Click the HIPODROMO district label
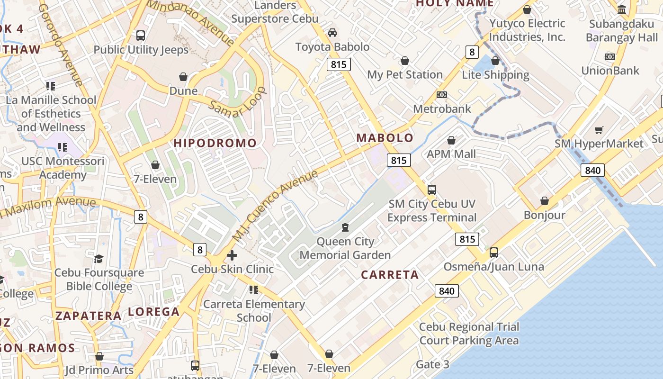point(215,143)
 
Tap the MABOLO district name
point(385,138)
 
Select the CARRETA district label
point(390,275)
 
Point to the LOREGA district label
point(154,312)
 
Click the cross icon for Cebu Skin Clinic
point(232,256)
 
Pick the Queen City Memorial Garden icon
point(345,228)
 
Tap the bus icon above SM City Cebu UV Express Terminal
point(431,190)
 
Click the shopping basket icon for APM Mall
point(451,140)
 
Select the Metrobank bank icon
point(442,95)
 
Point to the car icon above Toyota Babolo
point(332,33)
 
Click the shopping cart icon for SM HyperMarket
point(599,130)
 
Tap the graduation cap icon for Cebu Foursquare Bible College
point(99,259)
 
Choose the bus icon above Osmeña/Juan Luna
point(494,253)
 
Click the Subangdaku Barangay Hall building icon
point(622,9)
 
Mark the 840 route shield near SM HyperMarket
point(592,171)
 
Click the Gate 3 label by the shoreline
point(432,364)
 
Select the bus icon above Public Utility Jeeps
point(141,36)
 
